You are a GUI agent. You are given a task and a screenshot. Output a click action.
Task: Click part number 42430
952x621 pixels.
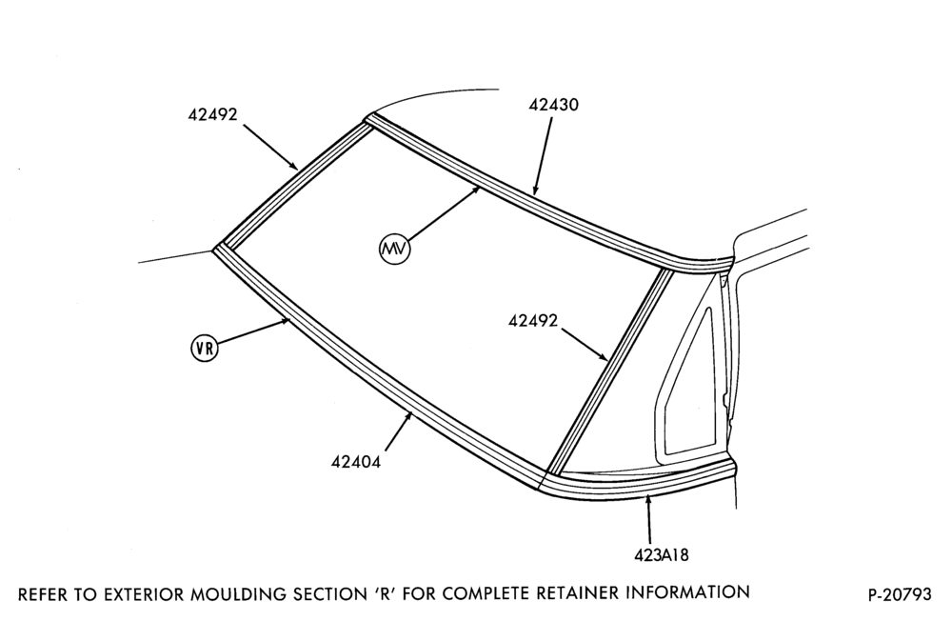click(x=554, y=105)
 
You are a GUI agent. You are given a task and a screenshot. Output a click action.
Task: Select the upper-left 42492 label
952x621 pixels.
click(x=212, y=114)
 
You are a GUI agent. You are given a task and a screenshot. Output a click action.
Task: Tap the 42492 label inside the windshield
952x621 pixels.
click(x=533, y=321)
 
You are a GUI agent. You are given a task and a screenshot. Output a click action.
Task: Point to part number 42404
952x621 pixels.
click(x=356, y=462)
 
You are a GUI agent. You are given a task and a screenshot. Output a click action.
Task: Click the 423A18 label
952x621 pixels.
click(x=662, y=554)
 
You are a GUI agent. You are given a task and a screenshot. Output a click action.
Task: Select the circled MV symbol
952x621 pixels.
click(x=395, y=249)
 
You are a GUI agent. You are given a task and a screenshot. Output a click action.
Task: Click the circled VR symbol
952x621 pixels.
click(x=204, y=349)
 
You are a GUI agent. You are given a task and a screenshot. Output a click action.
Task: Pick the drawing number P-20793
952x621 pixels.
click(x=900, y=594)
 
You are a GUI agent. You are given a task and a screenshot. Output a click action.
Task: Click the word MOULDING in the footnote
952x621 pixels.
click(x=230, y=593)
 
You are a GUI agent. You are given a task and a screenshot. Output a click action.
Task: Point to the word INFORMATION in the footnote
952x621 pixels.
click(x=687, y=591)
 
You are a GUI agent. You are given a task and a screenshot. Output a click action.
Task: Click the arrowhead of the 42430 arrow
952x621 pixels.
click(x=534, y=193)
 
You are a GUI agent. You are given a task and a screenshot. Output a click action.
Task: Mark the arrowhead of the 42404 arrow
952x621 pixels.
click(x=412, y=413)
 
